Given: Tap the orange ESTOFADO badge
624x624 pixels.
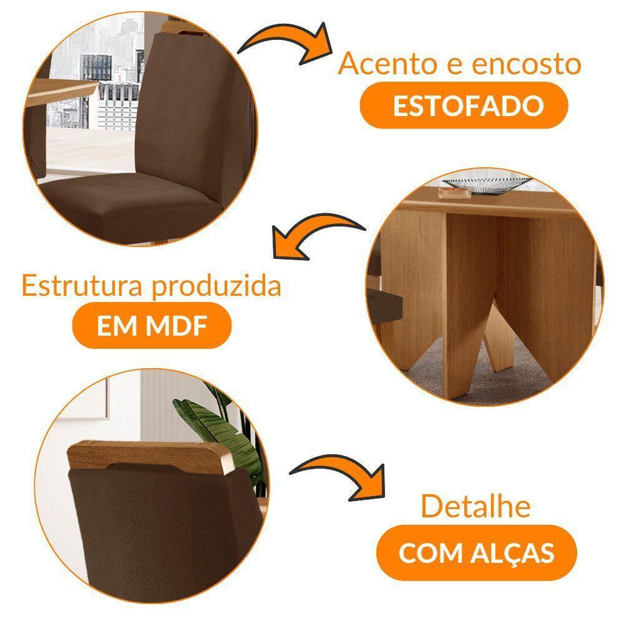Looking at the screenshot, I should (x=465, y=105).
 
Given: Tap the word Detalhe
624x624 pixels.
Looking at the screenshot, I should (x=475, y=506).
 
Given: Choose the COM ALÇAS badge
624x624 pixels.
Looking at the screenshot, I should (x=477, y=552).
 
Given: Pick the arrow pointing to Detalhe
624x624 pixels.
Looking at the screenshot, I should (x=337, y=477).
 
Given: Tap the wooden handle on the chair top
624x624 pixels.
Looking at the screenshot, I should (x=149, y=454).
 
